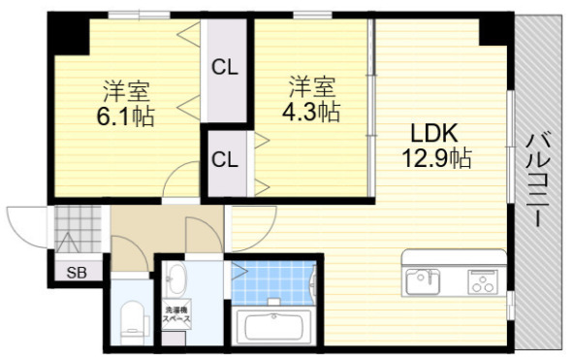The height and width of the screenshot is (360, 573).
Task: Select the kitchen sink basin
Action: (421, 279)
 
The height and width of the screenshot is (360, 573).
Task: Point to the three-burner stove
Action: (482, 281)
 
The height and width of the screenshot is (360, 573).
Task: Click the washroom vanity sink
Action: (176, 283)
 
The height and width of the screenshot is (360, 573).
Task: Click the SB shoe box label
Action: (77, 273)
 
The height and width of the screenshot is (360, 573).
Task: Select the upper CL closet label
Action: (226, 68)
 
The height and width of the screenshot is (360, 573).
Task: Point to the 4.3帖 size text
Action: (310, 113)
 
